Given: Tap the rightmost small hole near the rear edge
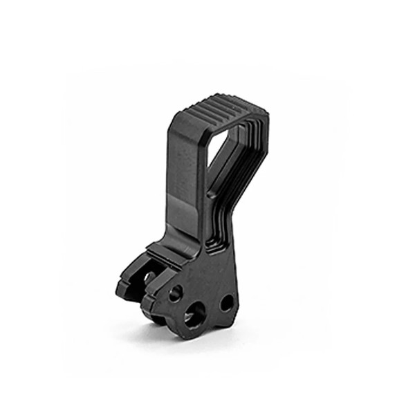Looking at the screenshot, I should (226, 302).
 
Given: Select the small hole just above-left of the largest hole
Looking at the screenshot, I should (174, 290).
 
